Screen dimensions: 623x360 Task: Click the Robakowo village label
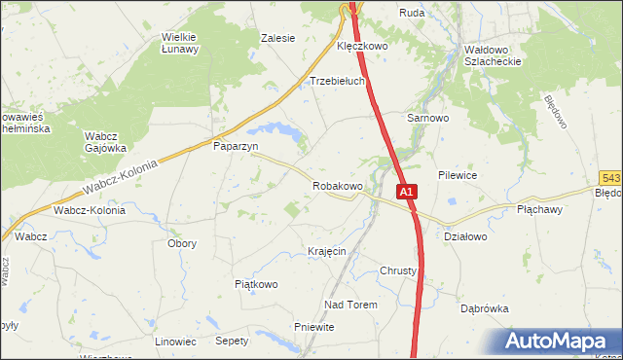tap(337, 185)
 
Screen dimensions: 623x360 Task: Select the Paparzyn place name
tap(235, 146)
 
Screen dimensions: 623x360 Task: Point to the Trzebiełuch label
tap(337, 82)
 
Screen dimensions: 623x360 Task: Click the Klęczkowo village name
tap(362, 46)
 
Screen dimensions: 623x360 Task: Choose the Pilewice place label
tap(457, 176)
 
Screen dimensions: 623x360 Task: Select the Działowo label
tap(464, 236)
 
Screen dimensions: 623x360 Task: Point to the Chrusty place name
tap(398, 270)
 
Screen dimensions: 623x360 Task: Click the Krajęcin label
tap(326, 251)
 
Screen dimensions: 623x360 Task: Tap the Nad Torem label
tap(350, 305)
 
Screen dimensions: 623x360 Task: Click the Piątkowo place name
tap(257, 284)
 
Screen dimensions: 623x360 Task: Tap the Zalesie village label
tap(277, 39)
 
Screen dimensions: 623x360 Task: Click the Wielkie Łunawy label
tap(180, 43)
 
